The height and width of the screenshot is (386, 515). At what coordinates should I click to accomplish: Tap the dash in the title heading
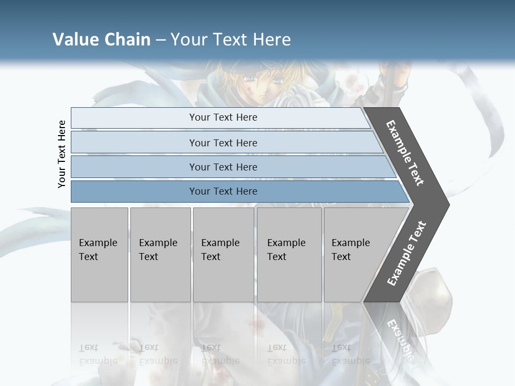pyautogui.click(x=160, y=40)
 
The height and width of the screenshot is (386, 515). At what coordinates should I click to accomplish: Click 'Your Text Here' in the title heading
pyautogui.click(x=231, y=40)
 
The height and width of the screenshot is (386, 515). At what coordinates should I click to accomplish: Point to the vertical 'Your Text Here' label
pyautogui.click(x=62, y=154)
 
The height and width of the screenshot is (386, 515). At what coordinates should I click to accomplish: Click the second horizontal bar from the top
pyautogui.click(x=223, y=143)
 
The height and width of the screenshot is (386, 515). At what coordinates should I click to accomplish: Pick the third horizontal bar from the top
pyautogui.click(x=223, y=167)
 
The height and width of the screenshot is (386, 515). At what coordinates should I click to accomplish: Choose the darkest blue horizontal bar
pyautogui.click(x=223, y=191)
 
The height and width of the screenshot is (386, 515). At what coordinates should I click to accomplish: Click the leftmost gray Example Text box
pyautogui.click(x=99, y=255)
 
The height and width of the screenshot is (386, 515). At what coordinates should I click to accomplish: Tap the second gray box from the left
pyautogui.click(x=160, y=255)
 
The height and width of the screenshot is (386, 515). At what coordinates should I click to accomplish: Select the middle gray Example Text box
pyautogui.click(x=223, y=255)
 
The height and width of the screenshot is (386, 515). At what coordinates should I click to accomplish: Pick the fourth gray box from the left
pyautogui.click(x=289, y=255)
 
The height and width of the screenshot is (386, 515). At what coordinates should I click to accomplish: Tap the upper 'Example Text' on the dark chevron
pyautogui.click(x=405, y=153)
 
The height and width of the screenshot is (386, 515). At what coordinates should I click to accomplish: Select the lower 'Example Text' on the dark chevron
pyautogui.click(x=406, y=254)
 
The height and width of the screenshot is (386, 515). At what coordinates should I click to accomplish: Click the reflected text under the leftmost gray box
pyautogui.click(x=98, y=354)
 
